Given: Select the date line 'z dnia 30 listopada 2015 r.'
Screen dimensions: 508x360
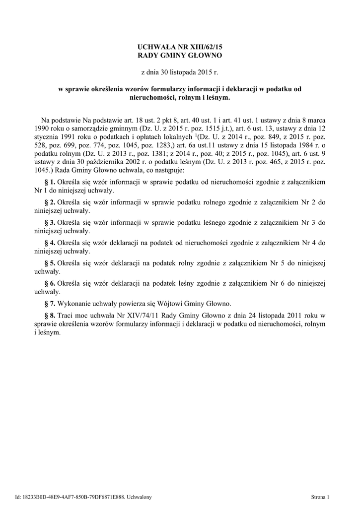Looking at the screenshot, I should (180, 72).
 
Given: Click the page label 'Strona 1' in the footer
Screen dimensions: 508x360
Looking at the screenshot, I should (320, 497).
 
